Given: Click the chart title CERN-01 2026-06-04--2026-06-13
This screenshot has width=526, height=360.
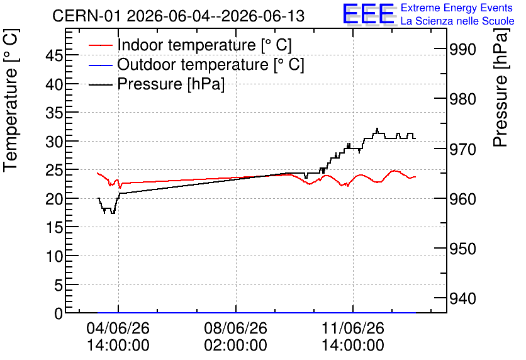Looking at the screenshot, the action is [179, 16].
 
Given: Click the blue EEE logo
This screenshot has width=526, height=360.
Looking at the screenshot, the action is [369, 14].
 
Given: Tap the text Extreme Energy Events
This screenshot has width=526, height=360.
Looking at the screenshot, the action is [457, 8].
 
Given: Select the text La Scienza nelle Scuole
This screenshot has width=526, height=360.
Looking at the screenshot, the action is [457, 21].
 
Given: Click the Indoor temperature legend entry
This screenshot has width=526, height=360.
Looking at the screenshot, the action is [191, 45].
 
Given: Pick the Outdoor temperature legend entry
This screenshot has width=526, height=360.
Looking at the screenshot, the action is [196, 64].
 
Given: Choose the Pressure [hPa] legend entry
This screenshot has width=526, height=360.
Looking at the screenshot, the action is [157, 84].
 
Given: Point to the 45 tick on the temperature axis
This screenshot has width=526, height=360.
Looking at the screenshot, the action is [54, 55].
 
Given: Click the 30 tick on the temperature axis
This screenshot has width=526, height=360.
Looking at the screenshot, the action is [54, 142].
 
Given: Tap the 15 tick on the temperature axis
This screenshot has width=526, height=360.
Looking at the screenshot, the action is [54, 228].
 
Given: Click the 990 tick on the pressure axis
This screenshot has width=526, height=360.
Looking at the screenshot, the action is [462, 50].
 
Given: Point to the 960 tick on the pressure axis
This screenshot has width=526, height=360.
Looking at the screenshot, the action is [462, 199].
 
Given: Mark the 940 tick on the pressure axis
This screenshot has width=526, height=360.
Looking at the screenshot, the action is [462, 298].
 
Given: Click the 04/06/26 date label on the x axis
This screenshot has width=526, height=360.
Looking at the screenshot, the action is [118, 328].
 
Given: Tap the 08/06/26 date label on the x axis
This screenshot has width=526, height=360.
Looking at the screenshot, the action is [236, 328].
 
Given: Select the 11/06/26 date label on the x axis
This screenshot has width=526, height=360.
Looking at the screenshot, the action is [353, 328].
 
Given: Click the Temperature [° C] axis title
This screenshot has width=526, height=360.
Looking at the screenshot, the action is [11, 100].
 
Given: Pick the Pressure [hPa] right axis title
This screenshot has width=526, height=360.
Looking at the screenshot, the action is [500, 87].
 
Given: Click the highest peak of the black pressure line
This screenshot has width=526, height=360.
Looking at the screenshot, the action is [378, 128].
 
